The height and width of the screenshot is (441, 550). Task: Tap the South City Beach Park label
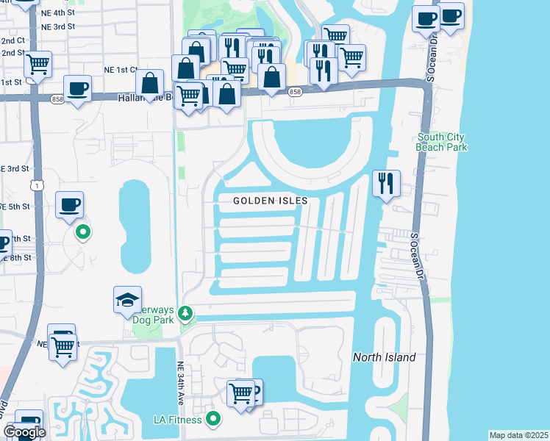[x=442, y=142]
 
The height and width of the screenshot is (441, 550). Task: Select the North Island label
[x=384, y=358]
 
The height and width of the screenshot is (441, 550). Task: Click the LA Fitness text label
[x=177, y=419]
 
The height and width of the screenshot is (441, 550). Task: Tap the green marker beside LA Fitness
[x=214, y=419]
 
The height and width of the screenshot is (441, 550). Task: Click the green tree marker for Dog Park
[x=186, y=314]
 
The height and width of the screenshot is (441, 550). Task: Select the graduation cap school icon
[x=127, y=298]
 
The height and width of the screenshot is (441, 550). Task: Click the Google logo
[x=24, y=431]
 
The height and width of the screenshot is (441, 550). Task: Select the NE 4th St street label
[x=58, y=12]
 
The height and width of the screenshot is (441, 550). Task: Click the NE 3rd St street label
[x=58, y=26]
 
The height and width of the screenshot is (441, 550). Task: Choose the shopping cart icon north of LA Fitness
[x=240, y=392]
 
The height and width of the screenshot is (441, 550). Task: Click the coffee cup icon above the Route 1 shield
[x=69, y=204]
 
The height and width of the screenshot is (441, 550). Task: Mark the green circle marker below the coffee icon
[x=83, y=233]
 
